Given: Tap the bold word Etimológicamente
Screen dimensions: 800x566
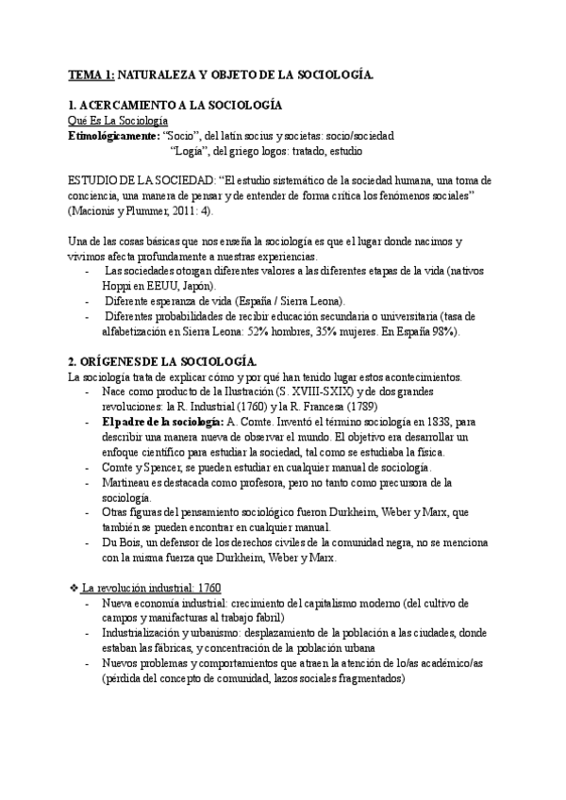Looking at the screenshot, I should pos(114,136).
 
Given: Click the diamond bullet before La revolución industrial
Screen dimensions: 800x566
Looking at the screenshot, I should pos(75,587).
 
